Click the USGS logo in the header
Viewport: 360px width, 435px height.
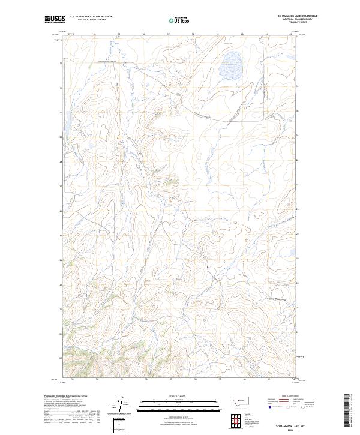point(55,20)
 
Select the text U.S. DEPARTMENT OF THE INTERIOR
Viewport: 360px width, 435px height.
point(91,17)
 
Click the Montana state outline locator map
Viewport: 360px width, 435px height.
point(236,399)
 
